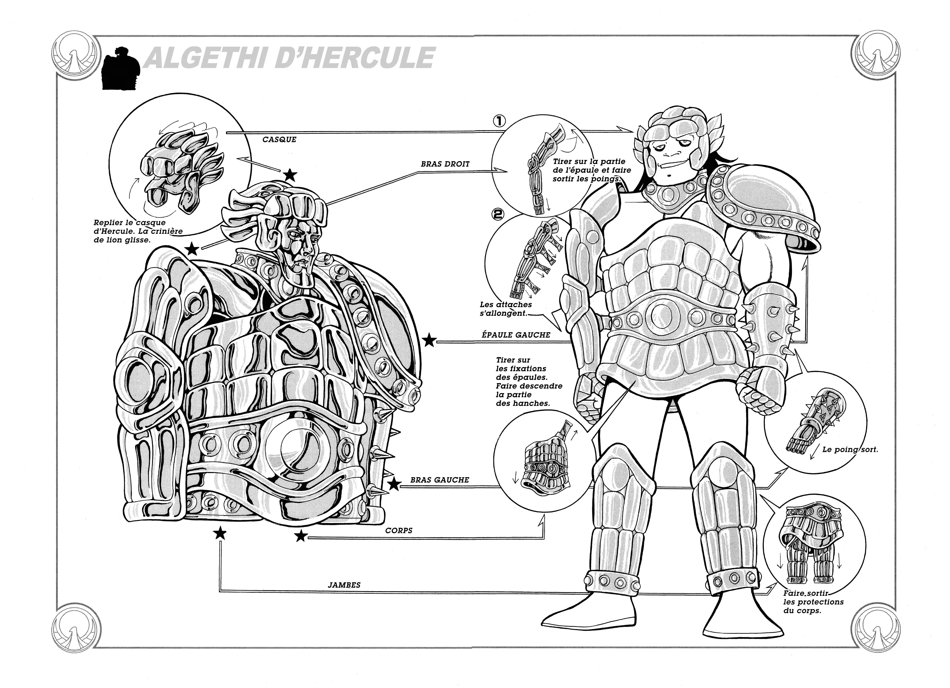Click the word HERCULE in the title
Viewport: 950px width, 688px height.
tap(356, 58)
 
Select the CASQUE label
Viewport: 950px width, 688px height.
tap(279, 140)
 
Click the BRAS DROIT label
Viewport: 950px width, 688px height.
tap(445, 164)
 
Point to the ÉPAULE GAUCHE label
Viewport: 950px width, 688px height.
tap(516, 335)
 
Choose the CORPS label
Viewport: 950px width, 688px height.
tap(399, 531)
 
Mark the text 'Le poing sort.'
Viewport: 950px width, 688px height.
tap(850, 450)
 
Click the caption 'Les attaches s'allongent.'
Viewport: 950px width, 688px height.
tap(506, 309)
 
